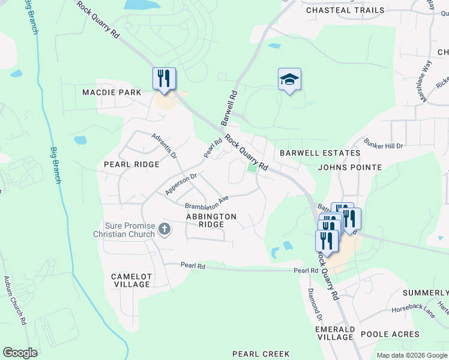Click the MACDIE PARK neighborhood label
[x=112, y=92]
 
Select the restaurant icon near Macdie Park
[x=164, y=79]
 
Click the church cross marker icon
[x=164, y=229]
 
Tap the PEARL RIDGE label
[x=131, y=164]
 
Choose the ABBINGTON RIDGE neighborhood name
[x=211, y=220]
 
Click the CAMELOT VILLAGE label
[x=131, y=280]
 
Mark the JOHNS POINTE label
[x=351, y=167]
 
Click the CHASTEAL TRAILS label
[x=345, y=10]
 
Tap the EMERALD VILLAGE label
[x=334, y=333]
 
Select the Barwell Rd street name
[x=230, y=108]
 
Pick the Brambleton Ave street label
[x=207, y=202]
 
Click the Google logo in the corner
[x=20, y=352]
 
